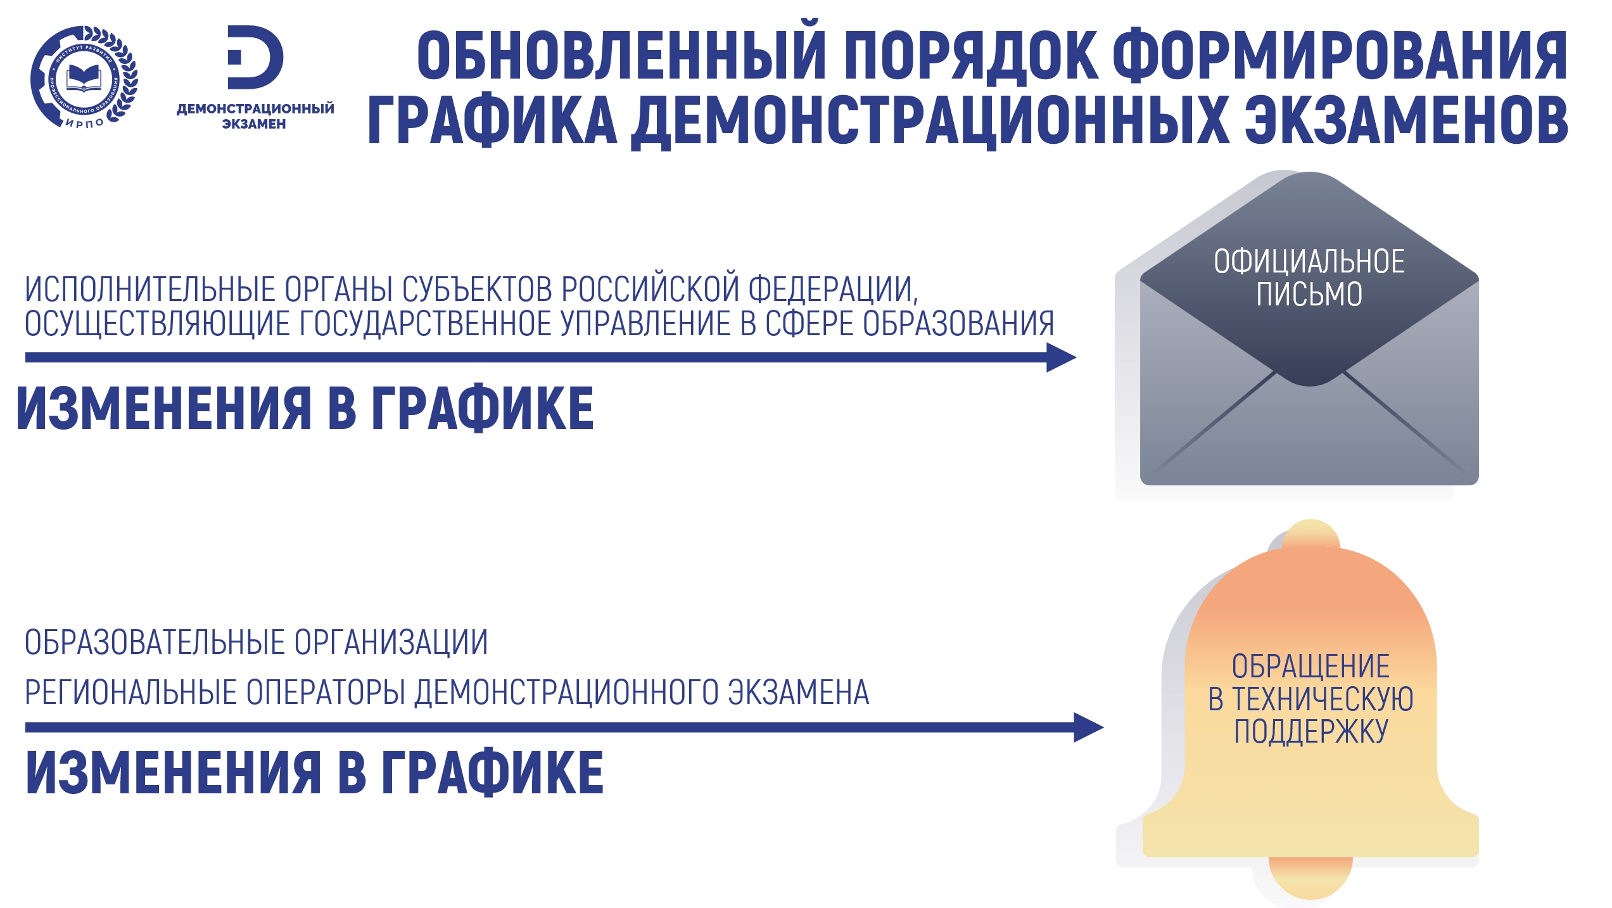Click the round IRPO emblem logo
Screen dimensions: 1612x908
84,77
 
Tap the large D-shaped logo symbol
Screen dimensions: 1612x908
255,57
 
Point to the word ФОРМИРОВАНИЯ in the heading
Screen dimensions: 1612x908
1340,56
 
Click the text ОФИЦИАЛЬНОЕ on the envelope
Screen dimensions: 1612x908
1309,262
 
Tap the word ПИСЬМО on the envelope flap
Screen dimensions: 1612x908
1309,294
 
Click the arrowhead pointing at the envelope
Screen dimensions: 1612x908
1061,357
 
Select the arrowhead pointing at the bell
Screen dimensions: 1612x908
1088,727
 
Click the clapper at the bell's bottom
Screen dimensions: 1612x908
1311,877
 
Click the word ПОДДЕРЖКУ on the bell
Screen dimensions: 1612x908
1311,731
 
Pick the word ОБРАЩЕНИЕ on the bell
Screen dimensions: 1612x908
1311,667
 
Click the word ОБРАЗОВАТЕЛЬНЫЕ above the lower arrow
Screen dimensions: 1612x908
155,643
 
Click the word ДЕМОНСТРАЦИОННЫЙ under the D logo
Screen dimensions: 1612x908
255,108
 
